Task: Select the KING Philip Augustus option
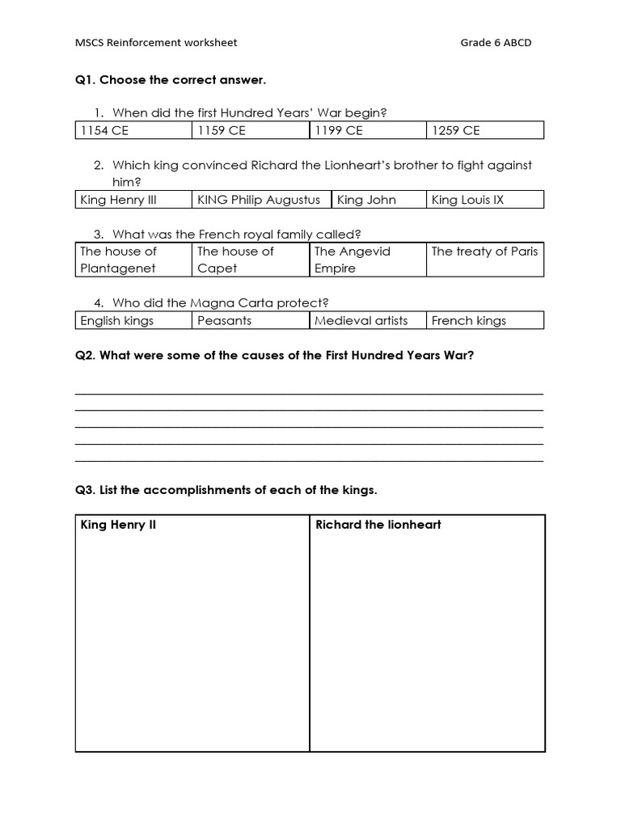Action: coord(259,200)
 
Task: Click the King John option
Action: coord(366,200)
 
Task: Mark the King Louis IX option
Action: coord(467,200)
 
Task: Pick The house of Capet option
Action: coord(235,260)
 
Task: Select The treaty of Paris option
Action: coord(484,251)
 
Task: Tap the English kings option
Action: coord(117,321)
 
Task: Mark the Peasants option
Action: coord(224,321)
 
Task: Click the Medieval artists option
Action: coord(361,321)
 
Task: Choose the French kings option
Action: coord(469,321)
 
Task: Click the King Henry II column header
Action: coord(118,525)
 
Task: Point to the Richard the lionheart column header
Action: coord(378,525)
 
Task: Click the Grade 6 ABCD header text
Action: coord(496,43)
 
